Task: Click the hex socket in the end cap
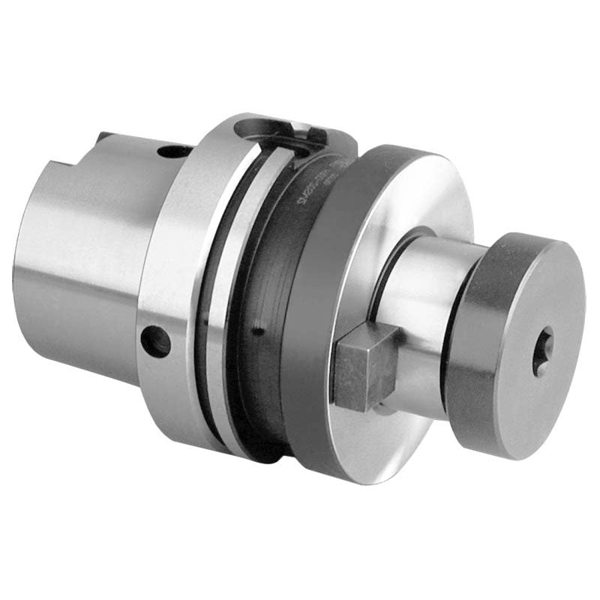click(542, 350)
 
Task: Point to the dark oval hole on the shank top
click(174, 151)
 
